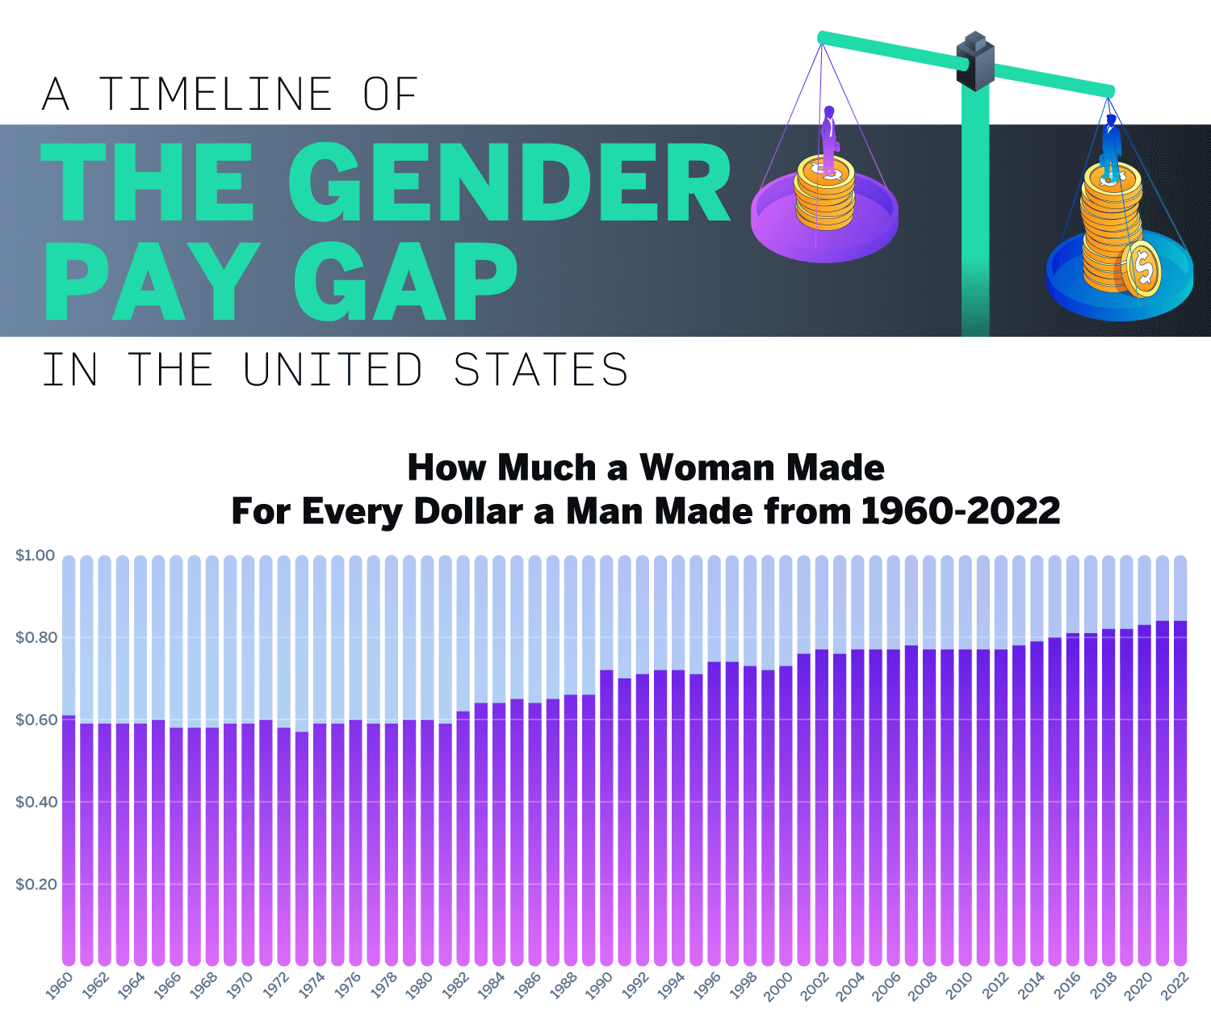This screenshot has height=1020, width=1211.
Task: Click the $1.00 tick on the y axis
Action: tap(36, 556)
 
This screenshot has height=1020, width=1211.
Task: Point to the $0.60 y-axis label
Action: tap(36, 720)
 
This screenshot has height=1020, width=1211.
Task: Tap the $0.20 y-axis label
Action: tap(36, 884)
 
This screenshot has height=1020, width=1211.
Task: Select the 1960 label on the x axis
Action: tap(59, 986)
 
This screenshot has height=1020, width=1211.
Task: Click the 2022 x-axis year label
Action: tap(1175, 986)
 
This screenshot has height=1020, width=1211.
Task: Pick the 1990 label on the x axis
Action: tap(598, 986)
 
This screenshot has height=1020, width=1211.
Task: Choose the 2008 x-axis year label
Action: tap(923, 986)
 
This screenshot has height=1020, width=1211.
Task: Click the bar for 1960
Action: tap(69, 840)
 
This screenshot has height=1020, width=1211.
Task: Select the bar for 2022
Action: tap(1180, 791)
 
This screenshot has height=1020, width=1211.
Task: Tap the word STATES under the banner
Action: tap(540, 370)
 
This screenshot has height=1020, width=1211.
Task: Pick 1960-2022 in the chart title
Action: tap(960, 511)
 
